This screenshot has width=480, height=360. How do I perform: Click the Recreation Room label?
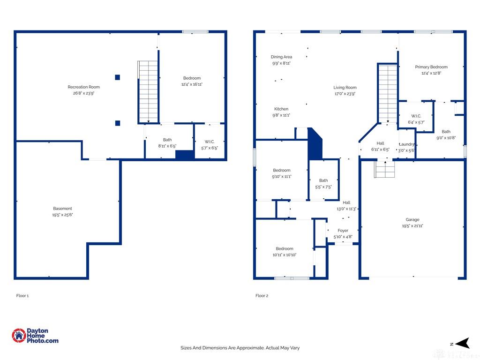pyautogui.click(x=83, y=87)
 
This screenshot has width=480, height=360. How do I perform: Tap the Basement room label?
pyautogui.click(x=62, y=209)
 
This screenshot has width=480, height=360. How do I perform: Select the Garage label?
pyautogui.click(x=412, y=219)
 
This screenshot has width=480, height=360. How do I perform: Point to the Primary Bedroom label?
pyautogui.click(x=431, y=67)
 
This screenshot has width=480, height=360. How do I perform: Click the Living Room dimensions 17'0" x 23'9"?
pyautogui.click(x=345, y=94)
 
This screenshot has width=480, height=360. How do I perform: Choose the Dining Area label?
pyautogui.click(x=281, y=57)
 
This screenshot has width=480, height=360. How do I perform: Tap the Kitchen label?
pyautogui.click(x=281, y=109)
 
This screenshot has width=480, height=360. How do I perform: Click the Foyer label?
pyautogui.click(x=343, y=231)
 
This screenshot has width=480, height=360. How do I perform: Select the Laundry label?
pyautogui.click(x=407, y=144)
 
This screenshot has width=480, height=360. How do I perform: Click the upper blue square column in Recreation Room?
pyautogui.click(x=117, y=77)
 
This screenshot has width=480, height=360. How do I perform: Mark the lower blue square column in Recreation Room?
pyautogui.click(x=118, y=123)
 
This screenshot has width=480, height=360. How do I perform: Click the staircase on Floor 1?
pyautogui.click(x=148, y=92)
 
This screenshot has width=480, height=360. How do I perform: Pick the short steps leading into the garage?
pyautogui.click(x=385, y=169)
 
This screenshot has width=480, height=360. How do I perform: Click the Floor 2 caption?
pyautogui.click(x=262, y=296)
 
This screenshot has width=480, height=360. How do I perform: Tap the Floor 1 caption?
pyautogui.click(x=22, y=296)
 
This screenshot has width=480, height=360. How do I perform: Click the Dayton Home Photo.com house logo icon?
pyautogui.click(x=19, y=336)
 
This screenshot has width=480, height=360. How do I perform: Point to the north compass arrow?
pyautogui.click(x=462, y=343)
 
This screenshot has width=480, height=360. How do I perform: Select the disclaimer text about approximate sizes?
pyautogui.click(x=240, y=348)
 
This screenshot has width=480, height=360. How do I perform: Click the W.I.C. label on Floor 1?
pyautogui.click(x=210, y=142)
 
